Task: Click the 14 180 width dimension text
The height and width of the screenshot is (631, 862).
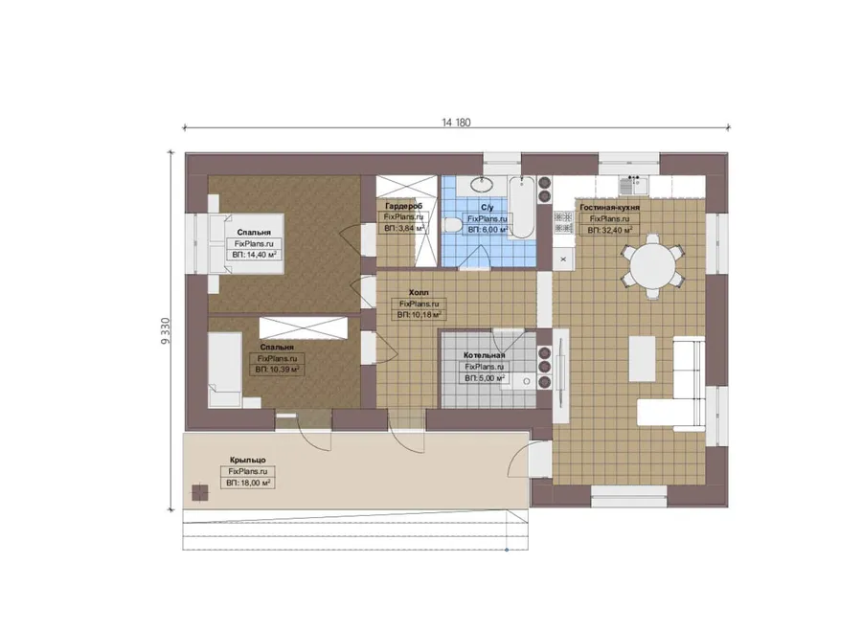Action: point(456,123)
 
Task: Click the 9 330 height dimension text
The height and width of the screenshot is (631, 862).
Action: point(167,331)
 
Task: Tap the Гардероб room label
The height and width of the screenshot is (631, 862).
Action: point(403,206)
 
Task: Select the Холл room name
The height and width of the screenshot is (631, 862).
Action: point(419,292)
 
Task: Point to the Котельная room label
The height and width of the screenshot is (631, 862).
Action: point(484,355)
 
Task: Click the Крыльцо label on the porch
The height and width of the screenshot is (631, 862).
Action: point(247,460)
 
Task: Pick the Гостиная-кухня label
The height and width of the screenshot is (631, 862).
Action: point(610,207)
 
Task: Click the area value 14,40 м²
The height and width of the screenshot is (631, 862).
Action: point(260,255)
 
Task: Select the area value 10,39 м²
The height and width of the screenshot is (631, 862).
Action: point(284,370)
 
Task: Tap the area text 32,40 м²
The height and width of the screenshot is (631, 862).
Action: point(617,231)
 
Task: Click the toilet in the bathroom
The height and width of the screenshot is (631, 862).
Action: point(452,225)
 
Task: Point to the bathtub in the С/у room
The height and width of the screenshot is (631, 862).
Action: point(521,207)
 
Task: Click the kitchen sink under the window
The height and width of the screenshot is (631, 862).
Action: point(633,185)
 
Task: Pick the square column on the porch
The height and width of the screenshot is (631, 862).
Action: point(200,492)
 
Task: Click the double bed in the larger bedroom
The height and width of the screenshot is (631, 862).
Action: point(246,243)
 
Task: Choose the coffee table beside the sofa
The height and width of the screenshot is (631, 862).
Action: point(642,359)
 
